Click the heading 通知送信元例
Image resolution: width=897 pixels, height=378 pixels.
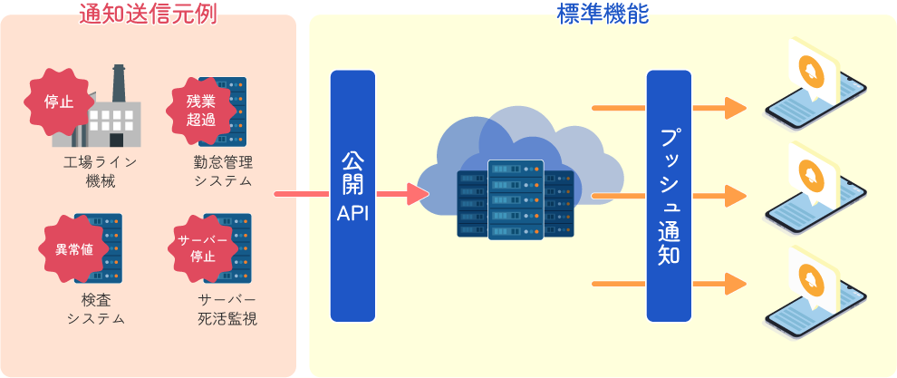point(148,13)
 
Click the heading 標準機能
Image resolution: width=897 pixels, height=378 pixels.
point(602,13)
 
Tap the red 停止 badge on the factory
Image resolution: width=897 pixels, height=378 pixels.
point(59,102)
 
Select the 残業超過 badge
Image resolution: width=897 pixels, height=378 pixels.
point(201,109)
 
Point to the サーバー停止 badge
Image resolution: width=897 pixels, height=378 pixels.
point(202,247)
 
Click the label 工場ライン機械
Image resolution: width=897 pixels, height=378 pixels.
point(100,171)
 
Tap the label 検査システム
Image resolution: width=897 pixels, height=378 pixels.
point(95,309)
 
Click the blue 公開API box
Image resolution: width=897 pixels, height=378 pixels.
point(352,195)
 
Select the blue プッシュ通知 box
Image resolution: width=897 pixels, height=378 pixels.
point(669,195)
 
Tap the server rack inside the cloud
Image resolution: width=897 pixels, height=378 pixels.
point(516,199)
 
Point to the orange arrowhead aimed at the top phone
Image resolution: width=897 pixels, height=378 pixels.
point(734,108)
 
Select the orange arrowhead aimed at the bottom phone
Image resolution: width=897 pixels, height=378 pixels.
point(734,284)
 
